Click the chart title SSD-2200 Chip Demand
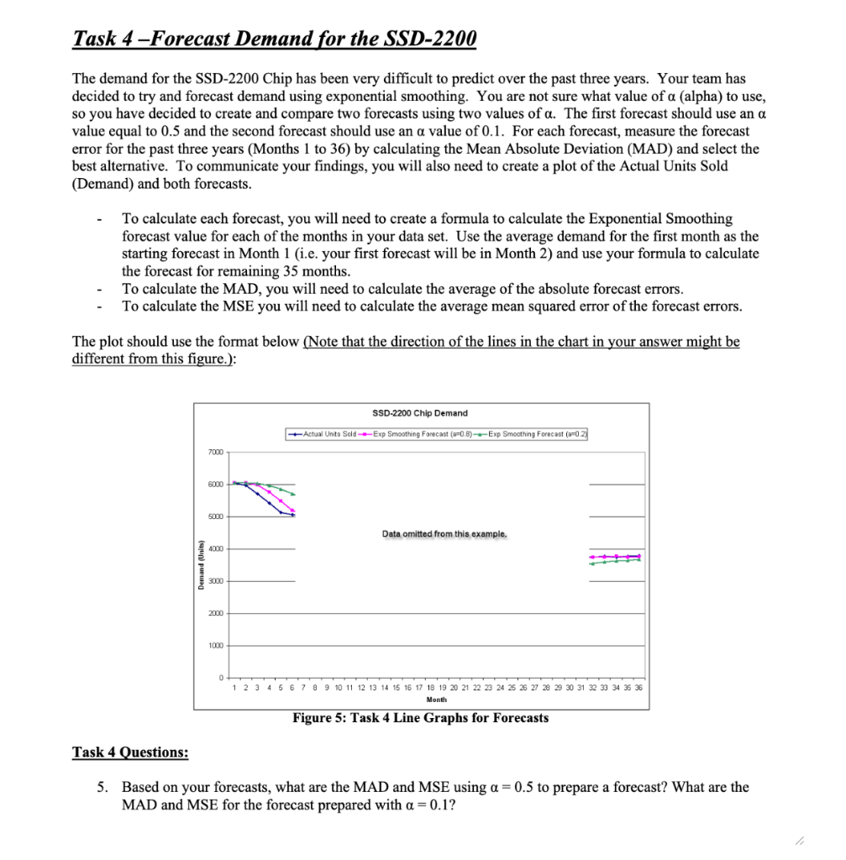[x=419, y=412]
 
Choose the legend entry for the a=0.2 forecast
[x=533, y=433]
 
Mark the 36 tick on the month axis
[x=638, y=687]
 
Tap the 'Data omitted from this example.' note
[x=444, y=533]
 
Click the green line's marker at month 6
[x=293, y=494]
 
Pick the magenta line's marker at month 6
[x=293, y=511]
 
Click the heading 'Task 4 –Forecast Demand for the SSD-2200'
[x=275, y=39]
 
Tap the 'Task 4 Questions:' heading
[x=130, y=752]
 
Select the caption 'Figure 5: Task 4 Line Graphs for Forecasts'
[x=420, y=717]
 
